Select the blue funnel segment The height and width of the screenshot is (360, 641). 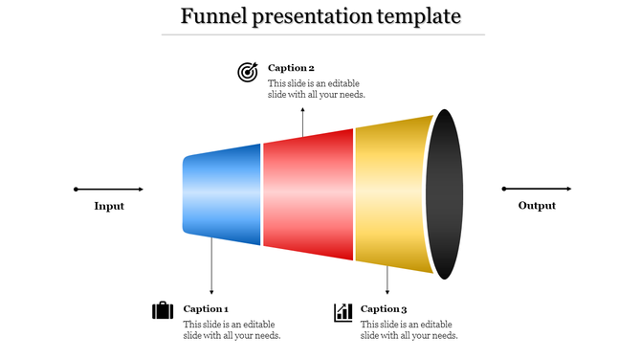click(222, 194)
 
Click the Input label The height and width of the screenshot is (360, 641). click(109, 206)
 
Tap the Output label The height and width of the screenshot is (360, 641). click(537, 206)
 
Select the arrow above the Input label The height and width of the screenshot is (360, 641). click(109, 189)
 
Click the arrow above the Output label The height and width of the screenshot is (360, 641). click(537, 189)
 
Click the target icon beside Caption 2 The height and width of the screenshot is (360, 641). click(248, 72)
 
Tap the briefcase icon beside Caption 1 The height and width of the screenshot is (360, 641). click(163, 311)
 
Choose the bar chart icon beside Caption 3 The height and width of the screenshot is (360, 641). click(343, 312)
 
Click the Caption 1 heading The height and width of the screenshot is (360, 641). click(206, 308)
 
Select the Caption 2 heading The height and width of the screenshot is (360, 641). click(291, 68)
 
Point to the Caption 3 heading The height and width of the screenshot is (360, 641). click(384, 308)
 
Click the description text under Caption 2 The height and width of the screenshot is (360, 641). click(316, 89)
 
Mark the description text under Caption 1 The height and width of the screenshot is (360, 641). click(232, 329)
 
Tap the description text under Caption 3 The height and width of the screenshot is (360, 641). click(409, 329)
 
